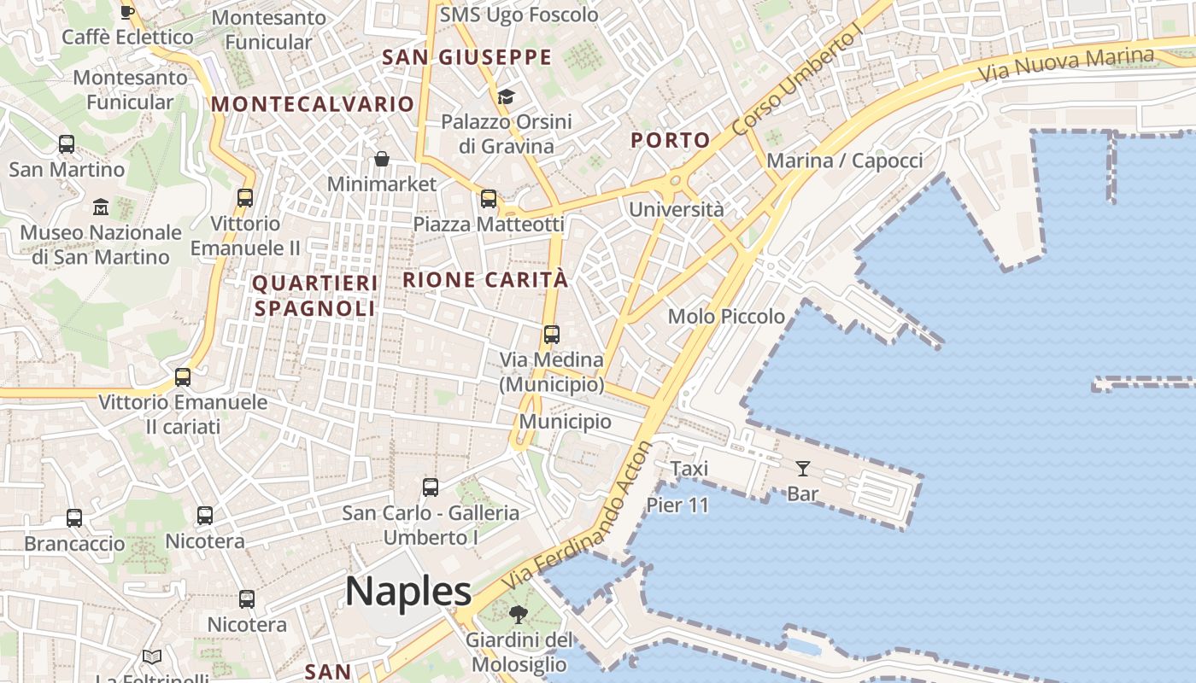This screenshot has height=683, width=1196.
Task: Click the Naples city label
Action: (x=408, y=591)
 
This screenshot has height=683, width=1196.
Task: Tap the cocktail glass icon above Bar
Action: (x=803, y=468)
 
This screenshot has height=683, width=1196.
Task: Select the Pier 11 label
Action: (x=677, y=505)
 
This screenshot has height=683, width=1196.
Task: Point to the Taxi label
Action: (x=689, y=469)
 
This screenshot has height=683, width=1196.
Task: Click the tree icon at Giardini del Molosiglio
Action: (x=518, y=614)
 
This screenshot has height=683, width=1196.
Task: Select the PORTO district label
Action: (x=671, y=140)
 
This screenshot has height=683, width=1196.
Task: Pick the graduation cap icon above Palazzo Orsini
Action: (x=507, y=96)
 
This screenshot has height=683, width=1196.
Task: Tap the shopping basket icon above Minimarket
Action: (x=382, y=159)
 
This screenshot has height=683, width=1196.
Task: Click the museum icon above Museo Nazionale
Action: (x=101, y=207)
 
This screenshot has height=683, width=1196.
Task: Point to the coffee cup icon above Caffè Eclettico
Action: (x=127, y=12)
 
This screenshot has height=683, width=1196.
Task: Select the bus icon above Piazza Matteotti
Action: (x=489, y=199)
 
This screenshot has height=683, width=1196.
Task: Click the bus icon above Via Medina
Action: (x=552, y=335)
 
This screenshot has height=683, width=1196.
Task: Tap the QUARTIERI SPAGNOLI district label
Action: (x=315, y=295)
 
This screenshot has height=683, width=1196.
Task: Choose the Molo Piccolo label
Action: (x=726, y=317)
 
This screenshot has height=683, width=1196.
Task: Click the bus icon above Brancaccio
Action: (x=74, y=518)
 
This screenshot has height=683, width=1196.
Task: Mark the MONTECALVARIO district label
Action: (x=313, y=104)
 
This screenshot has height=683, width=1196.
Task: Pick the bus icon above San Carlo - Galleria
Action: (x=431, y=487)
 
